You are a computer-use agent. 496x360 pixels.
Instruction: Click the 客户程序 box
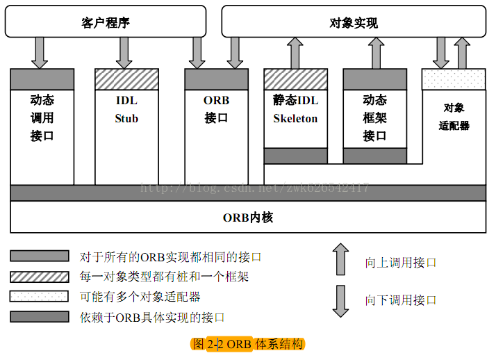[106, 22]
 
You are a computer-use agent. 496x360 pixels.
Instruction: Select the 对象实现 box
[354, 22]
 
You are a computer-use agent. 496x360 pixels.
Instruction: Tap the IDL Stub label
[126, 109]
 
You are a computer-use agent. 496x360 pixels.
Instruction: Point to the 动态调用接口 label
[42, 117]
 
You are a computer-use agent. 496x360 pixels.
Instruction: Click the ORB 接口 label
[216, 109]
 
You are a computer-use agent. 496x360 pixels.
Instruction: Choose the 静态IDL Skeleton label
[295, 109]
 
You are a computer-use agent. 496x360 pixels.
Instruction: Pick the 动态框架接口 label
[374, 117]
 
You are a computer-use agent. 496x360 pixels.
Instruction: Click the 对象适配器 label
[454, 117]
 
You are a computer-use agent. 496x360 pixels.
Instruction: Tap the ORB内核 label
[248, 217]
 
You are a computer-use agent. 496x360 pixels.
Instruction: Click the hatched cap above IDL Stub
[126, 79]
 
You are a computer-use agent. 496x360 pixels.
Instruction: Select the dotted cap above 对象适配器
[454, 79]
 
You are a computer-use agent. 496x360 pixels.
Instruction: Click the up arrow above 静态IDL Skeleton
[296, 53]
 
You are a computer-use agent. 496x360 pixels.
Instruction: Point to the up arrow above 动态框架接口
[376, 53]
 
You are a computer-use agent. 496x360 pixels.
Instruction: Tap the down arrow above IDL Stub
[125, 53]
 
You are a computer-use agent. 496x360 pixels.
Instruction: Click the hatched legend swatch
[40, 276]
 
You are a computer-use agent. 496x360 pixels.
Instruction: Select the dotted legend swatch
[40, 296]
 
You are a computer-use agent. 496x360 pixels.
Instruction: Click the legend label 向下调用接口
[401, 300]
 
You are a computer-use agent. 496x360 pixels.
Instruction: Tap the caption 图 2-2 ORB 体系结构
[248, 344]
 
